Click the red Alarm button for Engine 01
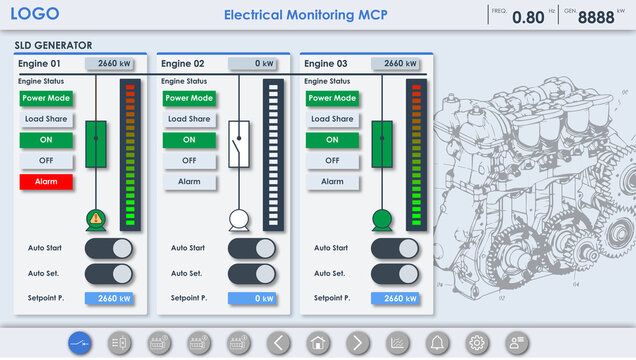(46, 182)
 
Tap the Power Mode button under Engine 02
(190, 98)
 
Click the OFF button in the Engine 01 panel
(46, 161)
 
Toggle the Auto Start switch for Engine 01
(108, 249)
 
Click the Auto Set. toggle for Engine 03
(394, 274)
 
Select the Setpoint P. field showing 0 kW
(252, 298)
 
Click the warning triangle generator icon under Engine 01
(96, 219)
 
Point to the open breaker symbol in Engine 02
(238, 144)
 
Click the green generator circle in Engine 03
(381, 219)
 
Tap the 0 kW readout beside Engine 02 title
(252, 64)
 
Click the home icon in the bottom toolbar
(318, 343)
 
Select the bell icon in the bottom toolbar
(436, 343)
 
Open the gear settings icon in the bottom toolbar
(476, 343)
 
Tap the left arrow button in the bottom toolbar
(278, 343)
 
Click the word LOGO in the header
(35, 14)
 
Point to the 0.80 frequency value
(528, 17)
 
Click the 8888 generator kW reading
(596, 17)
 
